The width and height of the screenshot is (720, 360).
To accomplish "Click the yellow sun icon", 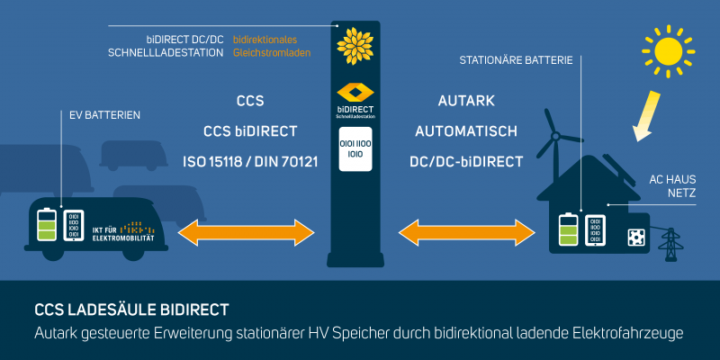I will coord(669,50).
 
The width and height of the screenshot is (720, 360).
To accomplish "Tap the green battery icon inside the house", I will coord(567,230).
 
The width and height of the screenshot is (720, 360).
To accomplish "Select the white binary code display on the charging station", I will coord(354,148).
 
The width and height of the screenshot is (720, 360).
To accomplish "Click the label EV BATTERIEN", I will coord(104,115).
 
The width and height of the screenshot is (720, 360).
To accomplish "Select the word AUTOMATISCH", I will coord(466,131).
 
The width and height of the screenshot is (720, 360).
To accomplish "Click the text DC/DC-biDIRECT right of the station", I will coord(466,162).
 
